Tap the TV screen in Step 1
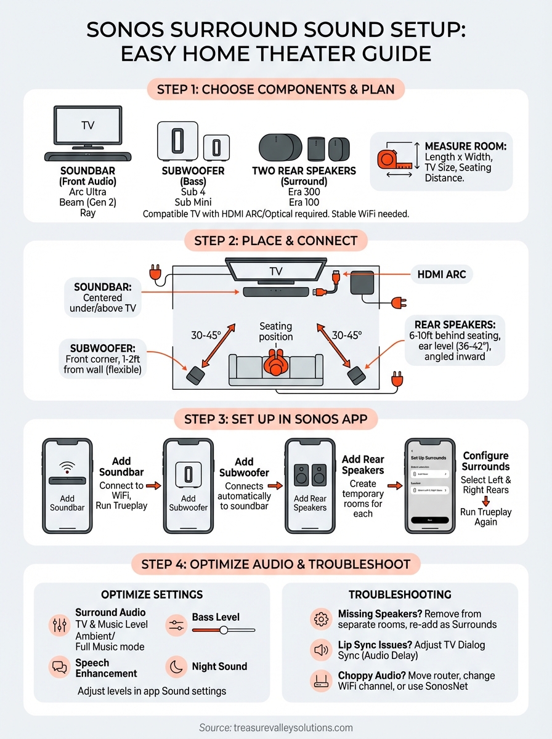[88, 125]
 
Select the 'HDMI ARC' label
[442, 275]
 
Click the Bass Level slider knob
[224, 630]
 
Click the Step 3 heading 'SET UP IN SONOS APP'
[275, 420]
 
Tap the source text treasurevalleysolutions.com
[275, 727]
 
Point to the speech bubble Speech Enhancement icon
[59, 666]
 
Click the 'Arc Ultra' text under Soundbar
[88, 192]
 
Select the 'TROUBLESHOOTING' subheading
[400, 594]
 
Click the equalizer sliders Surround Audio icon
[59, 625]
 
